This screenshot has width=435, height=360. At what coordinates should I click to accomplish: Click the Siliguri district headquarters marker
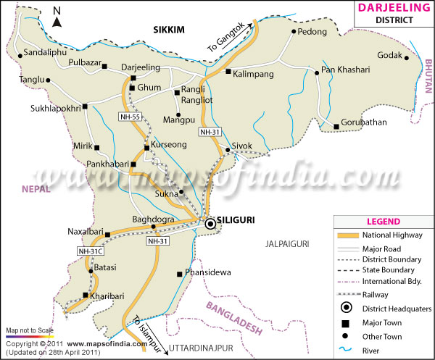coord(210,225)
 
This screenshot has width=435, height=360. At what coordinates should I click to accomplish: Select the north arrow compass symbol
coord(58,17)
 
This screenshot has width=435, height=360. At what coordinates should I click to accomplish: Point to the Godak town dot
coord(407,58)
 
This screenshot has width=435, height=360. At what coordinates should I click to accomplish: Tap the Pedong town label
coord(313,33)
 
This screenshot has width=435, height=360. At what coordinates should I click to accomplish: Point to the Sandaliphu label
coord(46,54)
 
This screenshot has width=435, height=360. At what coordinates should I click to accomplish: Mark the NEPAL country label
coord(35,189)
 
